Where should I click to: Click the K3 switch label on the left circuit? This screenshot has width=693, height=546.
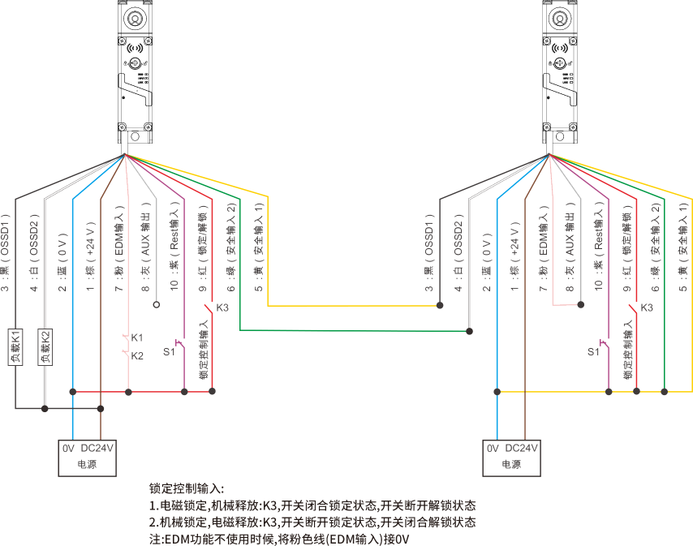(223, 307)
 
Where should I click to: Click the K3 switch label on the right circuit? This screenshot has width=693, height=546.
(647, 307)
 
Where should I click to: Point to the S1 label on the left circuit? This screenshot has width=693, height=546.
(170, 351)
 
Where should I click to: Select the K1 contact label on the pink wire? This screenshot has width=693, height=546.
(137, 337)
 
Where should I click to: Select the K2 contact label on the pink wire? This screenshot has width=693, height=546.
(137, 355)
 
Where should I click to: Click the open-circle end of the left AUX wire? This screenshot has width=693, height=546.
(156, 305)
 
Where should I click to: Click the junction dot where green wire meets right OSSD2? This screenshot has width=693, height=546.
(468, 330)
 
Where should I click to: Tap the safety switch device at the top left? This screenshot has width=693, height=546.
(134, 69)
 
